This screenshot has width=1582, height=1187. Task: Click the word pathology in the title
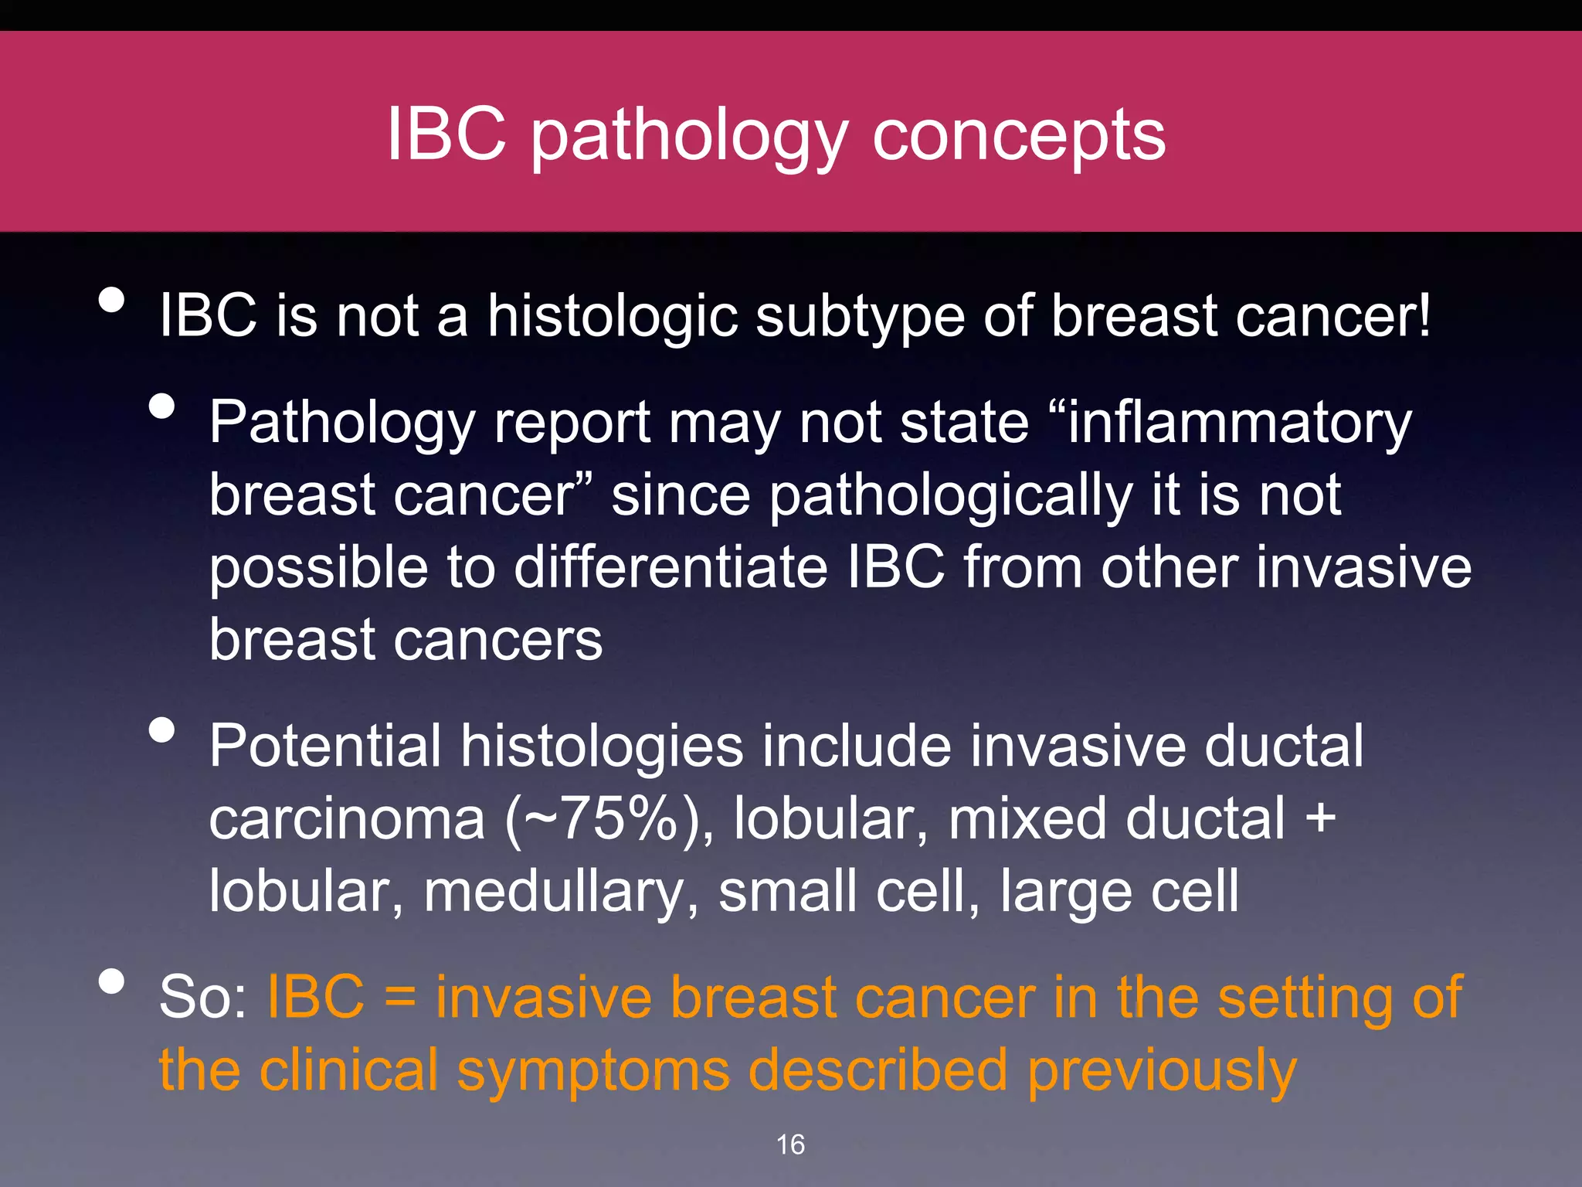point(689,137)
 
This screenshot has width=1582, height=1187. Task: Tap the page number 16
point(790,1144)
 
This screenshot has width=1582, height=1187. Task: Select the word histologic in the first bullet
point(612,317)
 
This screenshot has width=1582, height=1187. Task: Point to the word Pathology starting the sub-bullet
point(342,423)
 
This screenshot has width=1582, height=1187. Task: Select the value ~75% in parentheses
point(607,819)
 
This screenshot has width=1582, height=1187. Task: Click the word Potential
point(325,746)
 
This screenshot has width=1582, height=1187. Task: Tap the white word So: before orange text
point(203,998)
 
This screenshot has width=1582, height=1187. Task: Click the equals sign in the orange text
point(399,998)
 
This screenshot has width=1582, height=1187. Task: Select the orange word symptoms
point(593,1071)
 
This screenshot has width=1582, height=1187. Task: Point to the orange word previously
point(1161,1071)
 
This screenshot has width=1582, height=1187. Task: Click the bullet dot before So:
point(112,981)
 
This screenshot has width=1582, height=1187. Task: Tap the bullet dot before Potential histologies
point(162,730)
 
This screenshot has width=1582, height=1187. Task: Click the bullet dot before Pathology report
point(162,406)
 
